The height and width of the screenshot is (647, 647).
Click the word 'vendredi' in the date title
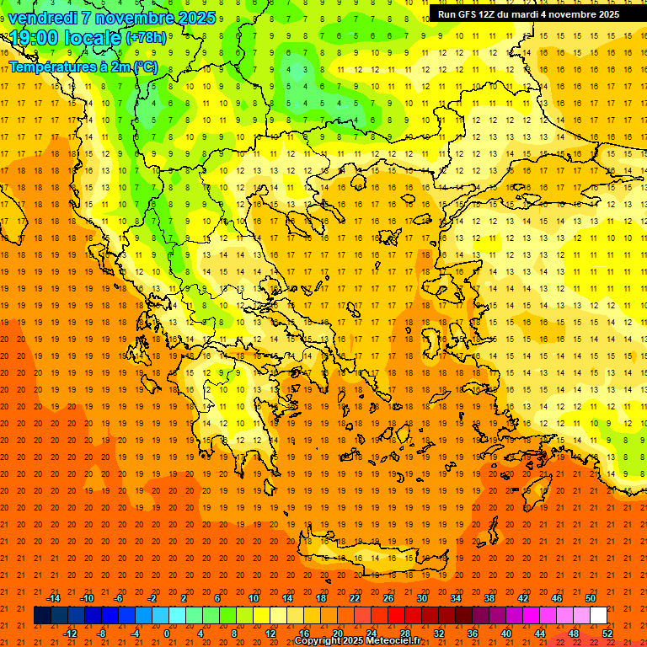click(41, 18)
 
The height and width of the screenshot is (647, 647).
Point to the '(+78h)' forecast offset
click(145, 38)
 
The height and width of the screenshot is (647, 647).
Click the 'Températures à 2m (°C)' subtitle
click(83, 67)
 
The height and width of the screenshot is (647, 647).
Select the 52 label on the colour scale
click(607, 633)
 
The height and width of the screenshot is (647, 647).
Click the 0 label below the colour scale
click(167, 633)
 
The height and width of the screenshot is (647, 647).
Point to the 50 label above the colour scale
click(590, 598)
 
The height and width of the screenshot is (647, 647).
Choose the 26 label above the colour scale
click(388, 598)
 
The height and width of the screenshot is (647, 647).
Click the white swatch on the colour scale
click(598, 616)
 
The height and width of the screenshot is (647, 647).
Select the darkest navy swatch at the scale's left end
click(42, 616)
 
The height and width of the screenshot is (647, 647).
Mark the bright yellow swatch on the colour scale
click(261, 616)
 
